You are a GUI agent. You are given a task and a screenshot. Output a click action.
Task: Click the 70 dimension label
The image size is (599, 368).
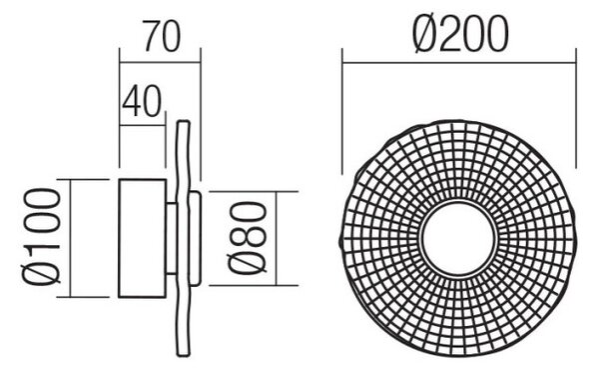point(162,36)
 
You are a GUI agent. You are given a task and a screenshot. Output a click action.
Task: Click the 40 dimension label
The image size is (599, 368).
point(142,101)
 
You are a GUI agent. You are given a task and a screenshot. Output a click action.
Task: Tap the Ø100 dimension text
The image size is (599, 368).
point(41,237)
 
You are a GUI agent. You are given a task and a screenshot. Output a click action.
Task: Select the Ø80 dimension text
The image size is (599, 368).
point(248,238)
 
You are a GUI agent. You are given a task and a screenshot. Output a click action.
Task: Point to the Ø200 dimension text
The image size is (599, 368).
point(460,35)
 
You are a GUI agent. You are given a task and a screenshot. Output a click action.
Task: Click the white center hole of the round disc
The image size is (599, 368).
point(458,237)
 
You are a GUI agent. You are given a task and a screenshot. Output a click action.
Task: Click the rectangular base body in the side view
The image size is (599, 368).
point(142,238)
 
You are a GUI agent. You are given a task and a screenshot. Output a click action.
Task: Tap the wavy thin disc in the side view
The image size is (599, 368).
point(183,239)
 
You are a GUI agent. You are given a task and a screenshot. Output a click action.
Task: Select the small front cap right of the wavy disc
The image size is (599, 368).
point(195,238)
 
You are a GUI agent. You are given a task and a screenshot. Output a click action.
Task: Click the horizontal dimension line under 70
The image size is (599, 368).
point(160,62)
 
